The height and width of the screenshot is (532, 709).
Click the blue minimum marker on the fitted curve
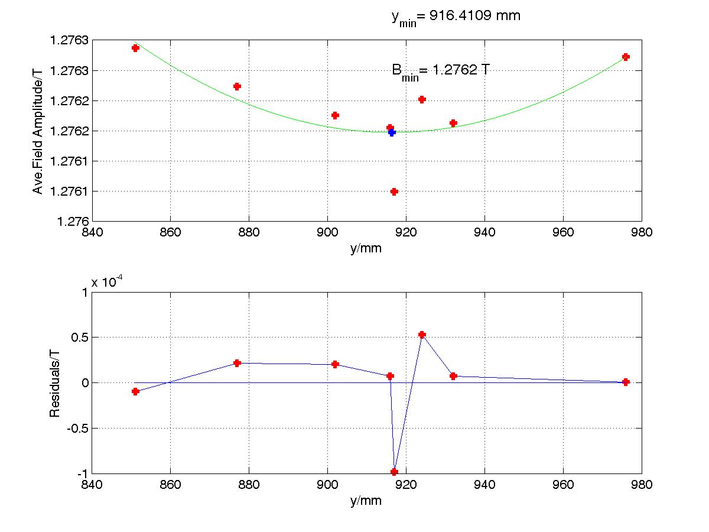(392, 132)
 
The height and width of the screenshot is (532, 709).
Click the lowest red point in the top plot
(394, 192)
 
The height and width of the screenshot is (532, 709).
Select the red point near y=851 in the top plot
(136, 48)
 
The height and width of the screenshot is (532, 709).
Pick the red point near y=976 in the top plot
(626, 57)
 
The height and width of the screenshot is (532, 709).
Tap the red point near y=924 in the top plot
(422, 99)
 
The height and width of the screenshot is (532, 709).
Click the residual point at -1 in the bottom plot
(394, 472)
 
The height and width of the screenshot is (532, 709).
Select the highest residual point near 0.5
(422, 335)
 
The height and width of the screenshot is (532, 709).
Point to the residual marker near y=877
(237, 363)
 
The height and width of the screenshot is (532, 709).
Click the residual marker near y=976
(626, 382)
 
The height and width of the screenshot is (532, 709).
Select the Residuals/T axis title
(54, 384)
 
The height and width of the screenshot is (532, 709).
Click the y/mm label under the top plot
(366, 249)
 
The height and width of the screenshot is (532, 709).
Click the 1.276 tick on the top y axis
(73, 222)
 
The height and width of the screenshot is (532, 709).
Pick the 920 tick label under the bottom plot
(406, 485)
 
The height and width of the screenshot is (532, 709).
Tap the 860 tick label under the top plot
(170, 232)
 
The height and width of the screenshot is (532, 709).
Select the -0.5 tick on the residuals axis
(77, 429)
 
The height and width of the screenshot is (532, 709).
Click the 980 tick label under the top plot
(642, 232)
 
